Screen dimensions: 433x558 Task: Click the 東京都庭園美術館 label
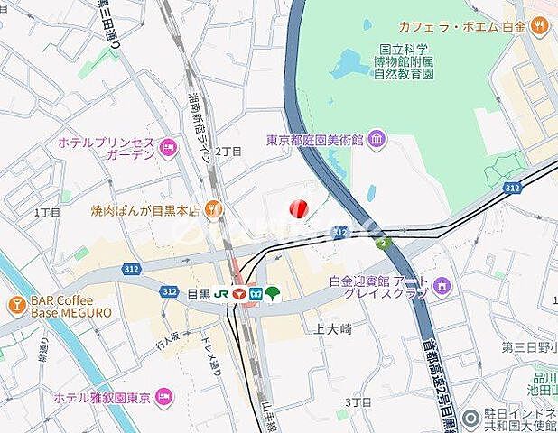click(314, 140)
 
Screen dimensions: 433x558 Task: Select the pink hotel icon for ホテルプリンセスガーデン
click(166, 147)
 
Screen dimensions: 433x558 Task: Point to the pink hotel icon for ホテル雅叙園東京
click(164, 395)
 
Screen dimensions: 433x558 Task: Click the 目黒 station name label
click(198, 293)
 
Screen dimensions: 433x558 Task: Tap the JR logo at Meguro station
click(219, 293)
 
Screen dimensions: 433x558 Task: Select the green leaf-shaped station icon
click(273, 292)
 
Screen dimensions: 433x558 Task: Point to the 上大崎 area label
click(334, 329)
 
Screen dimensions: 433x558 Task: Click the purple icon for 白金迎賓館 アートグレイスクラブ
click(442, 287)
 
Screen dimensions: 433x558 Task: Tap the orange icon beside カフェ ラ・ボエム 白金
click(540, 27)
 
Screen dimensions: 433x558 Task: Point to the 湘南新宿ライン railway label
click(200, 126)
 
